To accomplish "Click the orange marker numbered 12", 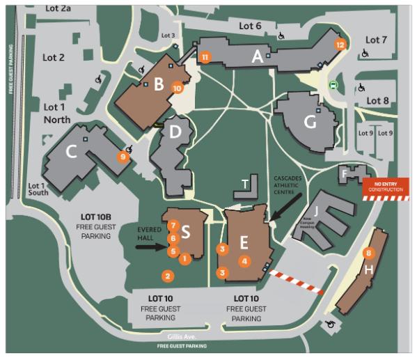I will [x=340, y=45].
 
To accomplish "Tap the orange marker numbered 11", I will [x=205, y=56].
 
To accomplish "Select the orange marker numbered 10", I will [x=178, y=88].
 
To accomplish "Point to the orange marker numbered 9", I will [x=124, y=157].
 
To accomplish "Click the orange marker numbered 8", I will [x=369, y=253].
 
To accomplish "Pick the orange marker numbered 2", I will [x=168, y=276].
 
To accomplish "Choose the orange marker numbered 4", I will [x=244, y=261].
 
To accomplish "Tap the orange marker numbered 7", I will [x=172, y=226].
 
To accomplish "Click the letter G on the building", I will [x=310, y=121].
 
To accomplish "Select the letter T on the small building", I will [x=244, y=184].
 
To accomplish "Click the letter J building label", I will [x=317, y=209].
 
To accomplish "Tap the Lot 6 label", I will [x=250, y=26].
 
